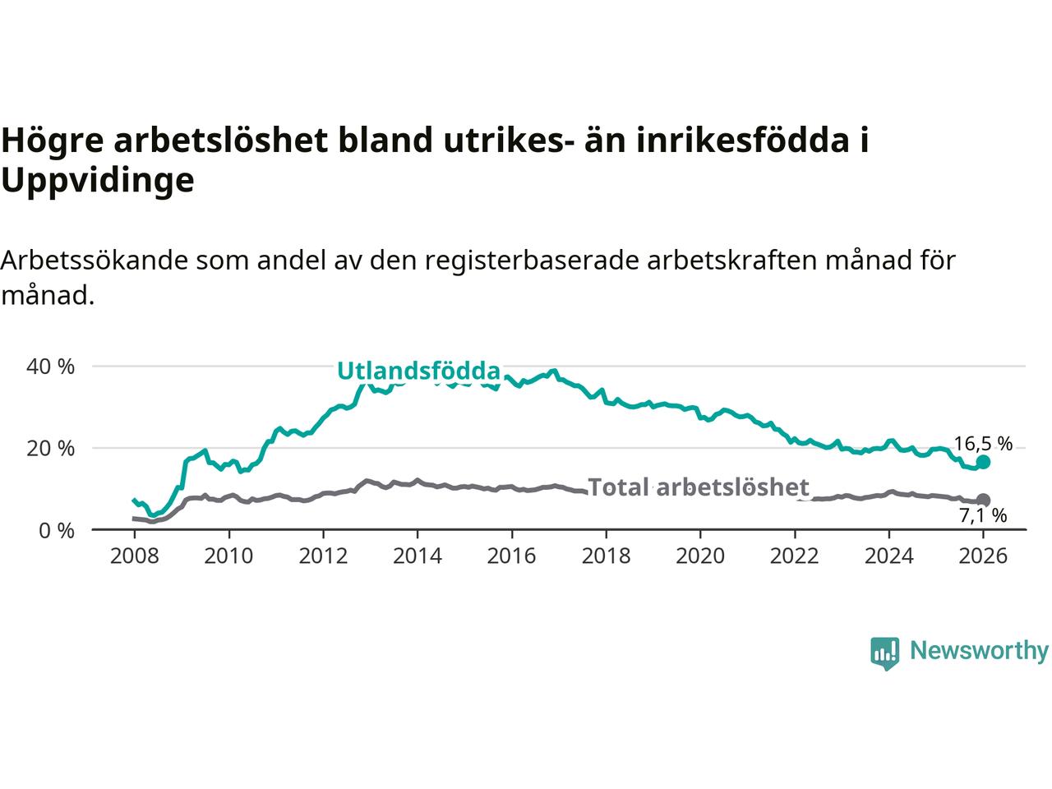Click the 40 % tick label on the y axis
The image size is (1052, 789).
tap(50, 367)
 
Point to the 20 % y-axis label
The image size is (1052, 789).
tap(50, 449)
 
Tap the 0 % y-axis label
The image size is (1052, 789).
tap(56, 531)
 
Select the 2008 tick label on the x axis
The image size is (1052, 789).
tap(134, 556)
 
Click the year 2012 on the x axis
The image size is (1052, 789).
tap(323, 556)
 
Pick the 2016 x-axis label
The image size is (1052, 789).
tap(511, 556)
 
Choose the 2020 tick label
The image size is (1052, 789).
tap(700, 556)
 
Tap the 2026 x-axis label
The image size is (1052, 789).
tap(983, 556)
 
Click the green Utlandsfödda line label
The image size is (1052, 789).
tap(418, 371)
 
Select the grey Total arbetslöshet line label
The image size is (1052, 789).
tap(699, 487)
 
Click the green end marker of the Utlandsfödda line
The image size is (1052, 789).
tap(983, 462)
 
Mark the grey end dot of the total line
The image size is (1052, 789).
tap(983, 500)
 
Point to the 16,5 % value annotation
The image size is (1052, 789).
tap(983, 445)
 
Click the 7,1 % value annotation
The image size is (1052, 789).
tap(983, 516)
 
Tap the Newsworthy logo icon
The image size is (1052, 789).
tap(884, 653)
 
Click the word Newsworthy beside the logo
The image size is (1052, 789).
tap(979, 651)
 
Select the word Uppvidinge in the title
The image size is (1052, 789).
tap(97, 180)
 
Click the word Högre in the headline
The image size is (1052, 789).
tap(53, 141)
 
